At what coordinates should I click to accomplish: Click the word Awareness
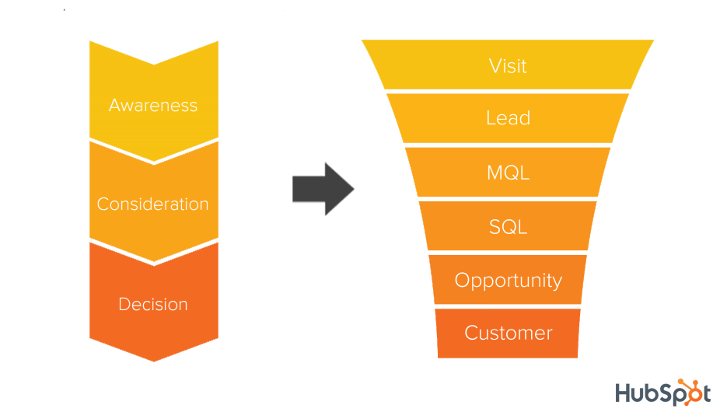153,105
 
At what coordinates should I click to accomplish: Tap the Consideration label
153,204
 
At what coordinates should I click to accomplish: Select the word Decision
153,304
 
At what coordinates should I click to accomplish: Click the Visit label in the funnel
508,66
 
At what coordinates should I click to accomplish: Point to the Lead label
508,118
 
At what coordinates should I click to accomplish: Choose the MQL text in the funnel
508,173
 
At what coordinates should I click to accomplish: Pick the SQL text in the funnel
508,227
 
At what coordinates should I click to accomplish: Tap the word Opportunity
508,281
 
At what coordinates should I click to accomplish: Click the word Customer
508,333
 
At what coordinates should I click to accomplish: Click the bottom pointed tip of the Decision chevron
154,358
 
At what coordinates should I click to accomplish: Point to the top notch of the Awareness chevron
154,62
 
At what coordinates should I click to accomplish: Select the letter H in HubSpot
624,393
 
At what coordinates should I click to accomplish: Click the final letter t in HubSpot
704,393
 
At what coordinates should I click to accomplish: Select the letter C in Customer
471,333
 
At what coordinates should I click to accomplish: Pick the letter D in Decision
124,304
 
